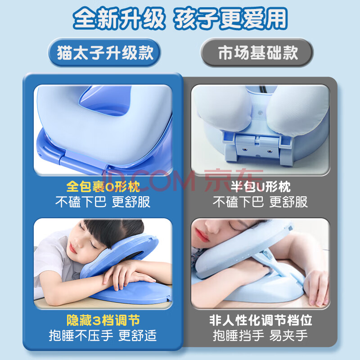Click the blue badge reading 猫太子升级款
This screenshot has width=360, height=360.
point(104,53)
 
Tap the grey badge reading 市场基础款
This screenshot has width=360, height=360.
point(257,53)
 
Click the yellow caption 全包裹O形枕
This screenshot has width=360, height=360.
point(103,186)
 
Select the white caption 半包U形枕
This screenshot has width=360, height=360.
point(261,186)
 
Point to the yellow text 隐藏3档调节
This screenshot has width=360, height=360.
point(103,320)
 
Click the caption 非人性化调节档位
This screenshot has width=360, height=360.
point(261,320)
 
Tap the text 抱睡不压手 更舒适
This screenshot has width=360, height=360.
point(103,335)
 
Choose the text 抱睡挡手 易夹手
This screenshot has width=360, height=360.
point(260,335)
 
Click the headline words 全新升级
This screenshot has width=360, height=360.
point(119,18)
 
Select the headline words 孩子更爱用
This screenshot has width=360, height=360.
point(230,18)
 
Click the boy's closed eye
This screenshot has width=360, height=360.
point(93,245)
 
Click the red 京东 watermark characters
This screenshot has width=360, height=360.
point(234,181)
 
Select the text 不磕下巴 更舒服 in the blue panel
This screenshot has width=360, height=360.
point(103,202)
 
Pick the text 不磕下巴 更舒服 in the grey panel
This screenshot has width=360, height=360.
point(260,202)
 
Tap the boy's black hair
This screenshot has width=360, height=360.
point(115,232)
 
